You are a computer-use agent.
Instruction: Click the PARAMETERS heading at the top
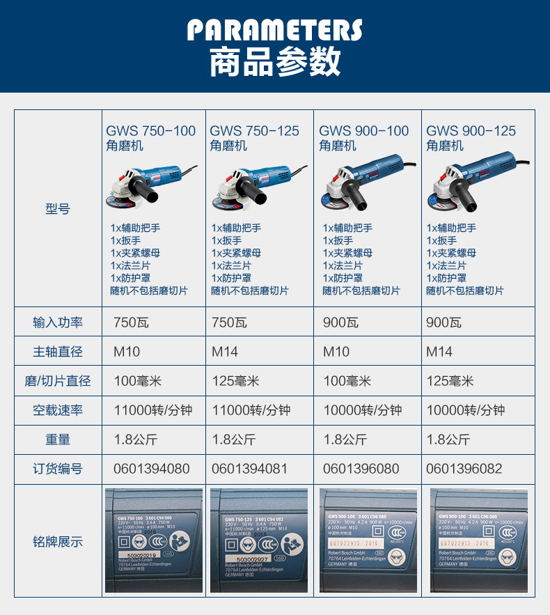click(275, 31)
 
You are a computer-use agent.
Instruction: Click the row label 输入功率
click(58, 322)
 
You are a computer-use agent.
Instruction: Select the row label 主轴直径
click(58, 352)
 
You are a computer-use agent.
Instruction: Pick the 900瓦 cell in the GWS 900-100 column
click(341, 322)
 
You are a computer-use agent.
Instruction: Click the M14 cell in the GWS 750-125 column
click(225, 352)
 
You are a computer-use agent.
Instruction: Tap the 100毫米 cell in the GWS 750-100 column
click(137, 381)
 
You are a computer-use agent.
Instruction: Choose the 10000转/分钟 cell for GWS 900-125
click(465, 410)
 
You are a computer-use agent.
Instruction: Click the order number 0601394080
click(151, 469)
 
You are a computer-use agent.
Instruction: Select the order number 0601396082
click(464, 469)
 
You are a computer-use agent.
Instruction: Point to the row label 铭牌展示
click(58, 541)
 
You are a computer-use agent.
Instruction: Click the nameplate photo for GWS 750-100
click(154, 540)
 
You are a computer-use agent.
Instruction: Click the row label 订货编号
click(58, 469)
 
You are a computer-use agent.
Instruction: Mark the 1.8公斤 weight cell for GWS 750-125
click(234, 439)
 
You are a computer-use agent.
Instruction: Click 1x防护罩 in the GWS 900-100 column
click(343, 278)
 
